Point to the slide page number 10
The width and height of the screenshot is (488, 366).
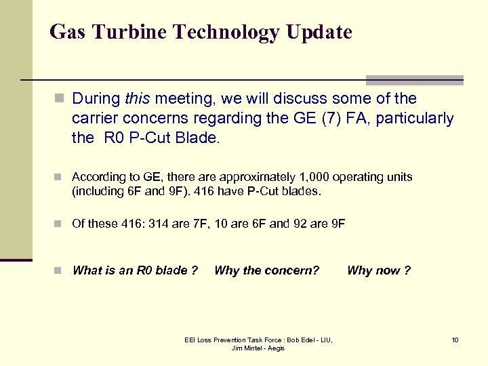click(x=455, y=340)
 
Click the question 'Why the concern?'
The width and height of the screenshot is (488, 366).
click(x=266, y=270)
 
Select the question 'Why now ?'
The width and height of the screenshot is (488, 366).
click(x=378, y=270)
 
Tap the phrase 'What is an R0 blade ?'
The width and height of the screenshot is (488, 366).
click(x=135, y=270)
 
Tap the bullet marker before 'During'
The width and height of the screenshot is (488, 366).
click(x=59, y=100)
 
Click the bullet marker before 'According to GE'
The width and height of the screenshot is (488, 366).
click(x=59, y=178)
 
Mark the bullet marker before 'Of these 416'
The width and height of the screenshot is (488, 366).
click(x=59, y=224)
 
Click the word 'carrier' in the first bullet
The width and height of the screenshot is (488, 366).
click(x=96, y=119)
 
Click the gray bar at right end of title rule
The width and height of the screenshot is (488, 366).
click(x=414, y=79)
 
